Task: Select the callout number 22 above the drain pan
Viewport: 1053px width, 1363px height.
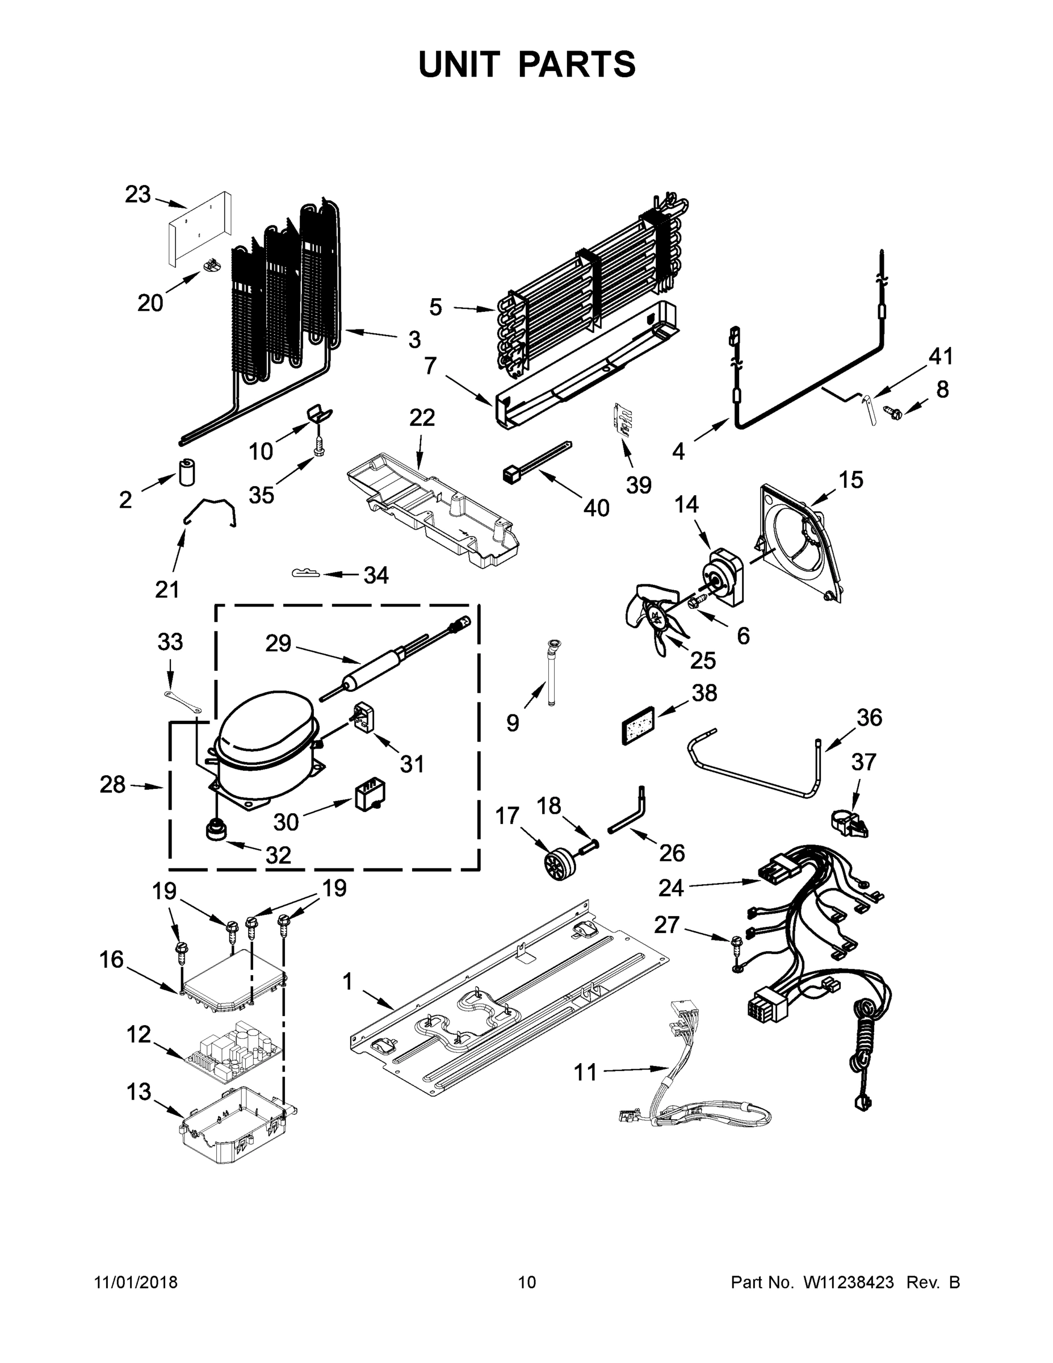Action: pyautogui.click(x=422, y=417)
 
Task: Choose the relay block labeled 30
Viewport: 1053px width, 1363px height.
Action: pyautogui.click(x=370, y=796)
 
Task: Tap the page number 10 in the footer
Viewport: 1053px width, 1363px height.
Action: pyautogui.click(x=527, y=1282)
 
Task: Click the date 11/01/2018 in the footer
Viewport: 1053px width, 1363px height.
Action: pyautogui.click(x=136, y=1282)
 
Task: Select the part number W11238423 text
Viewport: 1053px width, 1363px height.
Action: pyautogui.click(x=849, y=1282)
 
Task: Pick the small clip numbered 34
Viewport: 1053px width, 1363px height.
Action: pyautogui.click(x=305, y=573)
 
